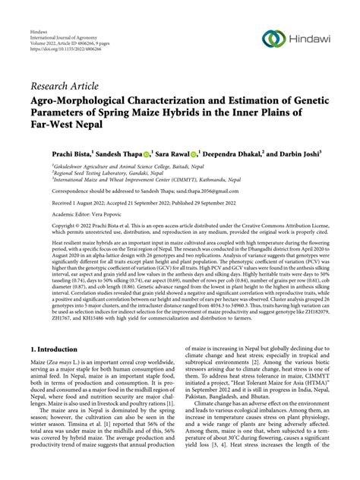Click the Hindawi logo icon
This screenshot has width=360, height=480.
pos(273,39)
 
